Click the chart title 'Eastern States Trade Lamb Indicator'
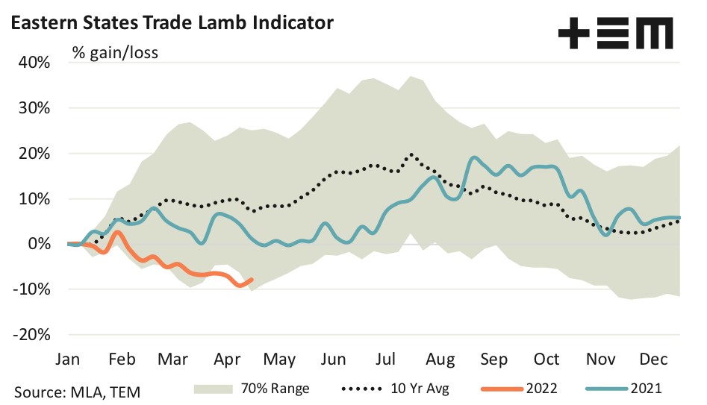[170, 22]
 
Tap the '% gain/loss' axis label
[115, 53]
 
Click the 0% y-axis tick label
[38, 244]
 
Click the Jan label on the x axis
[68, 359]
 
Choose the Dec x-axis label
[653, 359]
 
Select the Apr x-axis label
[226, 359]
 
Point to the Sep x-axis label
[493, 359]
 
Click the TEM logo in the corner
[615, 34]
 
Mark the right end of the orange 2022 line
[252, 280]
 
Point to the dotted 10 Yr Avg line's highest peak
[411, 155]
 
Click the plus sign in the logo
[573, 34]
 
